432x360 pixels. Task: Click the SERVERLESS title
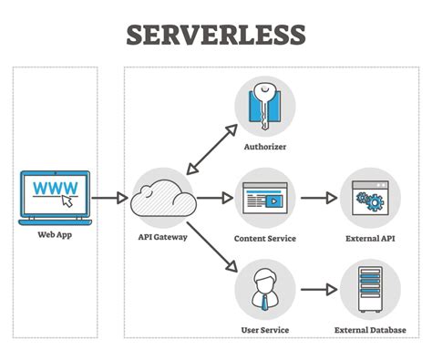(215, 35)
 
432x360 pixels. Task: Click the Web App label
(55, 235)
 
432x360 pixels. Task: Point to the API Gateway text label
(162, 238)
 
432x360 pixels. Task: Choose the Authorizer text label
(265, 147)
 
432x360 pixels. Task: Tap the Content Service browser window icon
(265, 196)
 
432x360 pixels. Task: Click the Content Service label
(265, 238)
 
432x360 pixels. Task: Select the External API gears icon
(370, 196)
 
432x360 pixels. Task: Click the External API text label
(370, 238)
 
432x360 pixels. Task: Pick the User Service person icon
(265, 289)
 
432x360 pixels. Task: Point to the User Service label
(265, 330)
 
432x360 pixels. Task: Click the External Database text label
(370, 330)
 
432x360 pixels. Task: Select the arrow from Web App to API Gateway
(108, 197)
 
